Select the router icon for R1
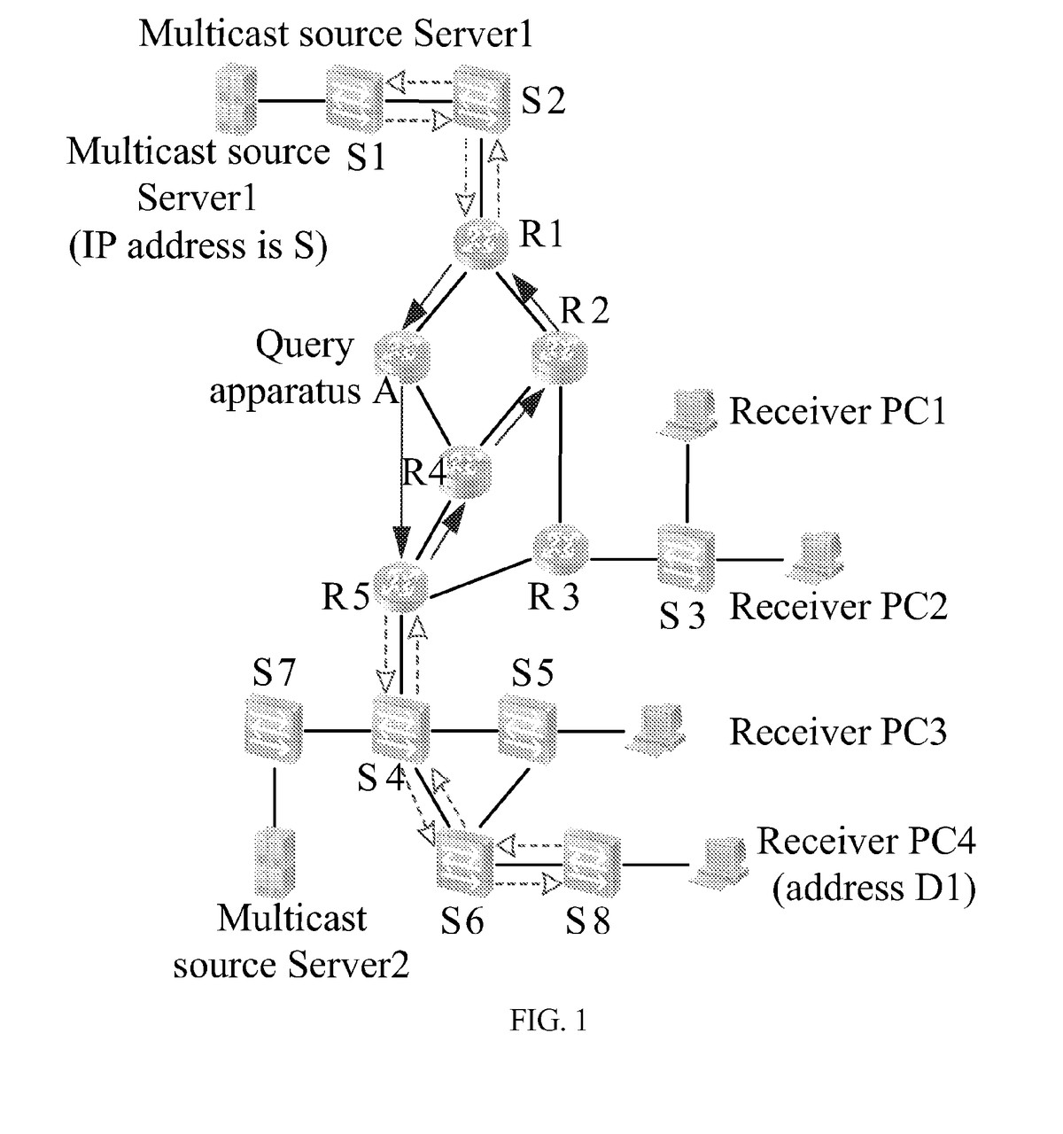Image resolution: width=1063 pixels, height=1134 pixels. click(x=481, y=240)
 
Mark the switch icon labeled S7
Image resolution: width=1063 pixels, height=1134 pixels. click(x=274, y=732)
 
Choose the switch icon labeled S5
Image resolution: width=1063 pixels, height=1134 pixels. click(x=528, y=730)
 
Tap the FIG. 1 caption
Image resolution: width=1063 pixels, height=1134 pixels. click(x=548, y=1021)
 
